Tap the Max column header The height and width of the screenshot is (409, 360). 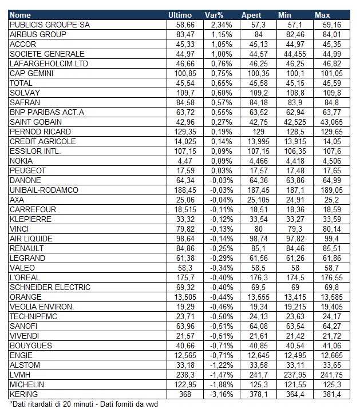pyautogui.click(x=322, y=15)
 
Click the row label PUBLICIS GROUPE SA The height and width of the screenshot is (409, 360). pyautogui.click(x=50, y=25)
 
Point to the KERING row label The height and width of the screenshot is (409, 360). pyautogui.click(x=23, y=394)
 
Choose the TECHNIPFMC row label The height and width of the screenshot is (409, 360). pyautogui.click(x=34, y=316)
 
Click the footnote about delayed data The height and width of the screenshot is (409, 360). pyautogui.click(x=84, y=404)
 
